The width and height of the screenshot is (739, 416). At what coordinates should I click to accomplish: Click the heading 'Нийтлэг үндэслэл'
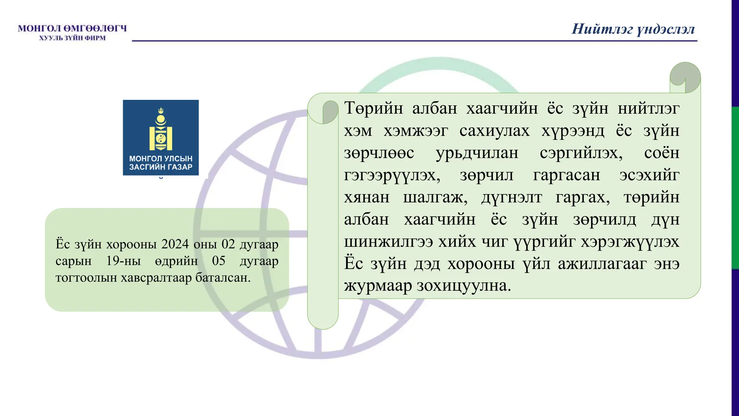[633, 29]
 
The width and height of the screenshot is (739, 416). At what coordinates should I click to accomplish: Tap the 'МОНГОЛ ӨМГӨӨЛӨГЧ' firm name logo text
[72, 28]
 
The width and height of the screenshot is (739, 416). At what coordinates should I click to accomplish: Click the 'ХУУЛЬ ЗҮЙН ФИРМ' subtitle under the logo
[72, 38]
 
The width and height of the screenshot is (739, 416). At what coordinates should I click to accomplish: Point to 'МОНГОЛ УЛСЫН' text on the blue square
[161, 159]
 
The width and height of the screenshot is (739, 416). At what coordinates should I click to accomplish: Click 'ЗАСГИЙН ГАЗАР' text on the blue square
[161, 167]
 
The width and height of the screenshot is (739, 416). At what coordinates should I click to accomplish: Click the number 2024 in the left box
[175, 244]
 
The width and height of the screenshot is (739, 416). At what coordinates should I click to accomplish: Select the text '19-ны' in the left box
[123, 261]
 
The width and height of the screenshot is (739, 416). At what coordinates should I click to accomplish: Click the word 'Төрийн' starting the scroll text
[373, 108]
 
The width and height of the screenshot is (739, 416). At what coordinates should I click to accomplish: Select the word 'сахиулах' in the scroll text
[494, 130]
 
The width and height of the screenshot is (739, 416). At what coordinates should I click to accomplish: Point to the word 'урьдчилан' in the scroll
[477, 153]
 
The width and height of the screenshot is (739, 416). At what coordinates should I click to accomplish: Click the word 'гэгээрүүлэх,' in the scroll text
[392, 175]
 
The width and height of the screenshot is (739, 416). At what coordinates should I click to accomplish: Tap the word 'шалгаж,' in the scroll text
[435, 197]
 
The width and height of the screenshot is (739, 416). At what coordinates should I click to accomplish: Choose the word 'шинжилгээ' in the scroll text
[388, 242]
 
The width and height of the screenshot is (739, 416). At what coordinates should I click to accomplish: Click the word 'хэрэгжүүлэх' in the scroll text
[630, 242]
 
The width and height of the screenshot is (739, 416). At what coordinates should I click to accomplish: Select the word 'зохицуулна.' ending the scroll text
[464, 286]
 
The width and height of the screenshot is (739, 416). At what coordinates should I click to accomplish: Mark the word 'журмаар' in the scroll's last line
[378, 286]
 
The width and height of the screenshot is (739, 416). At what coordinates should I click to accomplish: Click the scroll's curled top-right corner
[685, 77]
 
